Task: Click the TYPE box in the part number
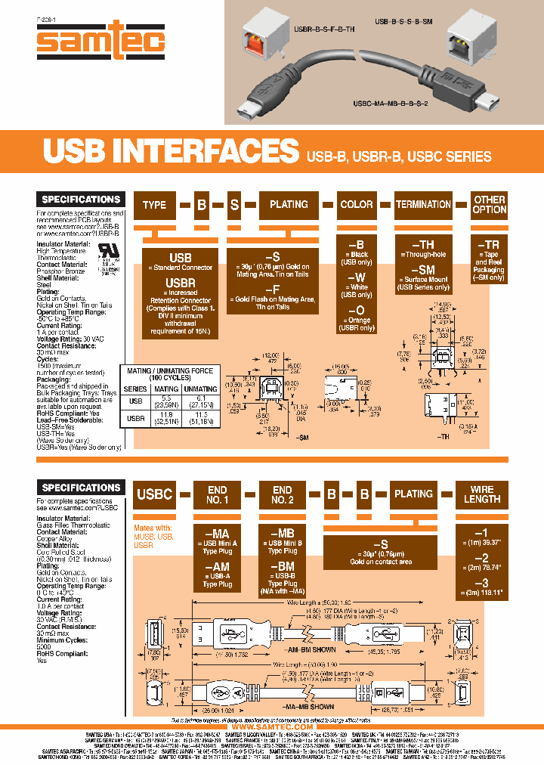pyautogui.click(x=154, y=205)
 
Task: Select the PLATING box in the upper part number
pyautogui.click(x=289, y=205)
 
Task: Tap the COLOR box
pyautogui.click(x=356, y=205)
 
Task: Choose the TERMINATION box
pyautogui.click(x=423, y=205)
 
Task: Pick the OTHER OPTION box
pyautogui.click(x=489, y=205)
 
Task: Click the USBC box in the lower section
pyautogui.click(x=154, y=494)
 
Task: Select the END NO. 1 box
pyautogui.click(x=217, y=494)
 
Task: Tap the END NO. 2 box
pyautogui.click(x=281, y=494)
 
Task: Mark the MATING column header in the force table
pyautogui.click(x=166, y=389)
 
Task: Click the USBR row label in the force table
pyautogui.click(x=137, y=419)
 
